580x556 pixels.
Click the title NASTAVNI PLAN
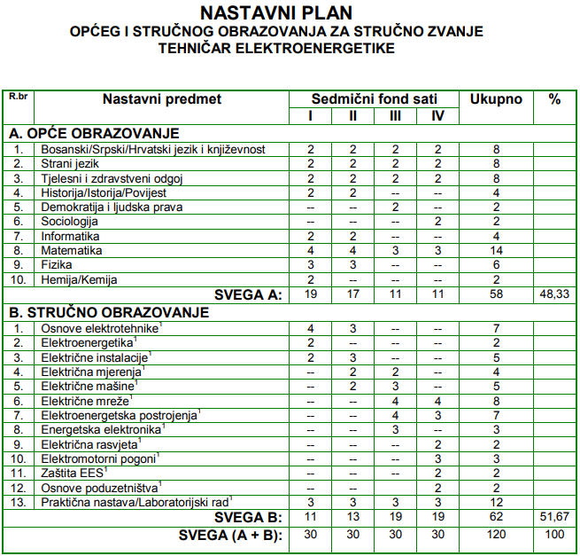coord(276,13)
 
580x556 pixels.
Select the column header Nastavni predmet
coord(161,99)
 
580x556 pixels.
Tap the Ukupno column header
coord(496,99)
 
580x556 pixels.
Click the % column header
coord(554,99)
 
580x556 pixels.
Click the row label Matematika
coord(72,251)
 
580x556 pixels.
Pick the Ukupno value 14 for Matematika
coord(496,251)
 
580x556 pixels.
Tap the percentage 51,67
coord(554,517)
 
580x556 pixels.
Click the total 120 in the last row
coord(496,535)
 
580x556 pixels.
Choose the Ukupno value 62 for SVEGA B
coord(496,517)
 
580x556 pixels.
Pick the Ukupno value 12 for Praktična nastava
coord(496,502)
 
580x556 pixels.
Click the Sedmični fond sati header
coord(374,99)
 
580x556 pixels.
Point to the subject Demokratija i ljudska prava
coord(112,208)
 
